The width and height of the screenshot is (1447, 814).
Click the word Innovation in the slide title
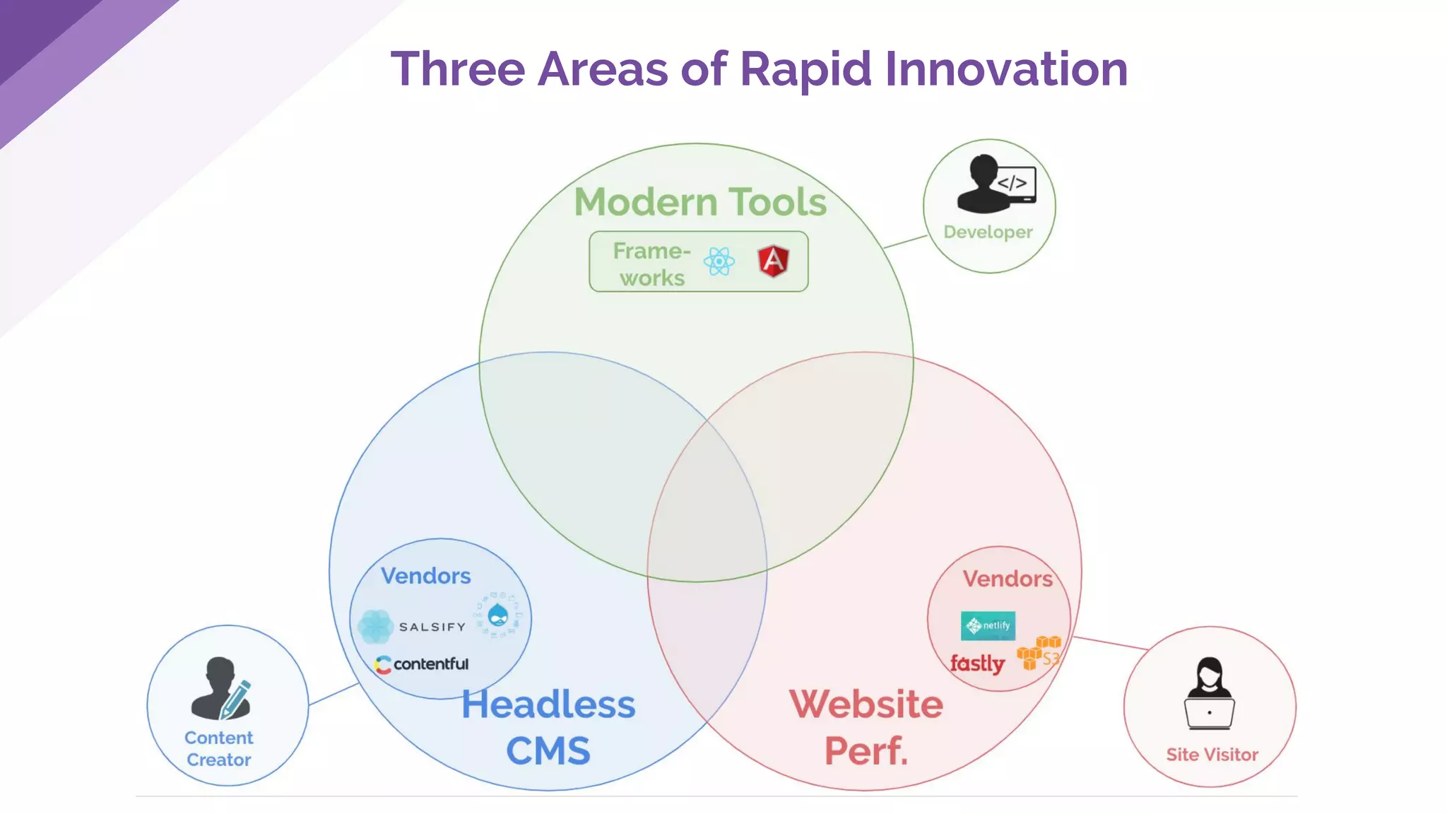point(1005,69)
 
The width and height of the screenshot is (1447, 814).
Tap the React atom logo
point(719,262)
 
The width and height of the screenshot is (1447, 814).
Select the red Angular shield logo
point(774,261)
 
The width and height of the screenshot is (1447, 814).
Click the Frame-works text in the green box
point(651,264)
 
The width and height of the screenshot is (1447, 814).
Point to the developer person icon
point(995,184)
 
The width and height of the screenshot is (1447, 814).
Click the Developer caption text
point(988,232)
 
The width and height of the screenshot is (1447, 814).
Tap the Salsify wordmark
point(432,627)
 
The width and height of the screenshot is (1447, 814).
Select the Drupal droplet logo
point(498,615)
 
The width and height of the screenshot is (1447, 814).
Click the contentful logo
point(422,664)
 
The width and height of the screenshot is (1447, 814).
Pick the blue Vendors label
point(425,576)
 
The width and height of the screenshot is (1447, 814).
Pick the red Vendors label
point(1007,579)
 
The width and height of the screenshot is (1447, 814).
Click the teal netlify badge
point(988,625)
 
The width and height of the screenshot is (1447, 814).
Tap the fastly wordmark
point(977,663)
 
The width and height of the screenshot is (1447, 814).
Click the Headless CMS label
point(548,727)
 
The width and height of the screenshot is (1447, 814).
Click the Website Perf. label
point(866,727)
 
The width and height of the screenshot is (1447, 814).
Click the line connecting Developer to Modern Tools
point(905,242)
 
